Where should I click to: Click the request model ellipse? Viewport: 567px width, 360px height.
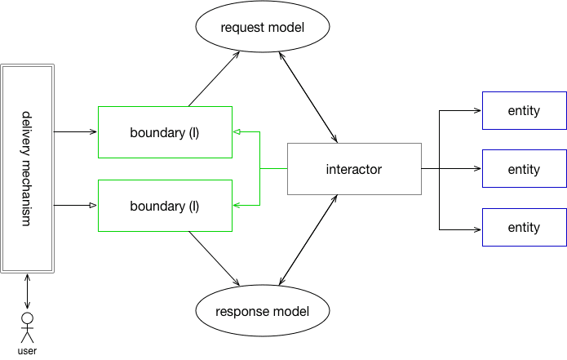(263, 26)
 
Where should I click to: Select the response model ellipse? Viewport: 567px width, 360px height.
(263, 311)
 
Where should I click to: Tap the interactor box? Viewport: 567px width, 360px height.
(354, 169)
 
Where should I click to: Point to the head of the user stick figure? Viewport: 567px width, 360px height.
(27, 318)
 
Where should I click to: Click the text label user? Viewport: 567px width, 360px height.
(27, 351)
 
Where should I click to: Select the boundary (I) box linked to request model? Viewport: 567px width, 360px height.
(165, 132)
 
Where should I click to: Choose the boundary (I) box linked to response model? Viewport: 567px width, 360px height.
(165, 206)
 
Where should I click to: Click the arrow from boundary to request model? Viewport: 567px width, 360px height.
(214, 79)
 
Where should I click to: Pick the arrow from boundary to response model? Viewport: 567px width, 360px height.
(214, 258)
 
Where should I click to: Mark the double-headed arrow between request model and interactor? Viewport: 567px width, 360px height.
(308, 97)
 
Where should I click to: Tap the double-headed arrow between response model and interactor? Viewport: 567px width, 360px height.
(308, 240)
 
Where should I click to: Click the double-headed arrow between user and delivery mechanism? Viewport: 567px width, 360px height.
(27, 291)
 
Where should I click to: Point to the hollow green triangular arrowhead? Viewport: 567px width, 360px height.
(237, 131)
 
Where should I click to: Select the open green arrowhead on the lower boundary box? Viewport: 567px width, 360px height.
(237, 205)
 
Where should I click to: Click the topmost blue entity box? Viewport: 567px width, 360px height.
(525, 110)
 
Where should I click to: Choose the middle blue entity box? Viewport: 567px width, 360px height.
(525, 169)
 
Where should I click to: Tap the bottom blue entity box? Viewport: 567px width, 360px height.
(525, 227)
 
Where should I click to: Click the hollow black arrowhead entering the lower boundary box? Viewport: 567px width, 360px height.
(93, 205)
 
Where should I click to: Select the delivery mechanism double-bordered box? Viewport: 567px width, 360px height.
(28, 169)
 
